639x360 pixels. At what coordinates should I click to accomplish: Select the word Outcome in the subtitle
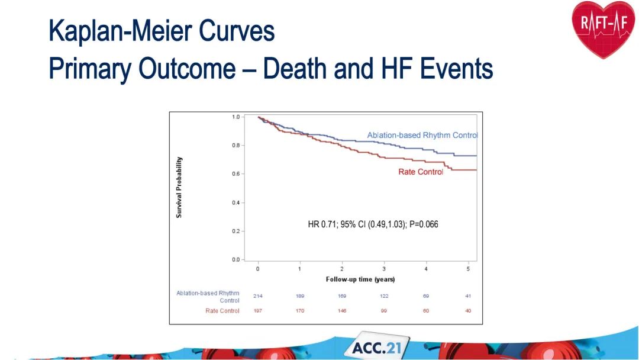point(187,69)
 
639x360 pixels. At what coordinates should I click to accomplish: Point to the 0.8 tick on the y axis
point(236,146)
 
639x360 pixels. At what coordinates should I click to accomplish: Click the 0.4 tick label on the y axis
point(236,202)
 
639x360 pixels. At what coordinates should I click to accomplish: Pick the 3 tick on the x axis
point(384,269)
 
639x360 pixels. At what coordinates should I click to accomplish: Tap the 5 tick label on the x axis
point(468,269)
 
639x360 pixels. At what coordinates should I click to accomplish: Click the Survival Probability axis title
point(179,187)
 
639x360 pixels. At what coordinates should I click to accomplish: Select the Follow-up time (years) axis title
point(360,279)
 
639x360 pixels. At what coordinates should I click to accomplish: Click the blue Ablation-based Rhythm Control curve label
point(422,136)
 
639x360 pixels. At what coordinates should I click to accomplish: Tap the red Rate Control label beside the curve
point(421,172)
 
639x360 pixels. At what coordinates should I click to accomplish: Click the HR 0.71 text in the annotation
point(322,224)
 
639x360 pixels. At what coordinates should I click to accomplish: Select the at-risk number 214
point(258,295)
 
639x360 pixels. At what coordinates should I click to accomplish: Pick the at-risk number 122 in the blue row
point(384,295)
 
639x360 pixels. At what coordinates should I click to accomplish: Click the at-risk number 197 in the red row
point(258,311)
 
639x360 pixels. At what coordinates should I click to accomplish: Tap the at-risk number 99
point(384,311)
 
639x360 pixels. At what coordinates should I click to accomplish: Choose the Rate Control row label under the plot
point(222,311)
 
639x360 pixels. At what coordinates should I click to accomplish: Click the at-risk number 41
point(468,295)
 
